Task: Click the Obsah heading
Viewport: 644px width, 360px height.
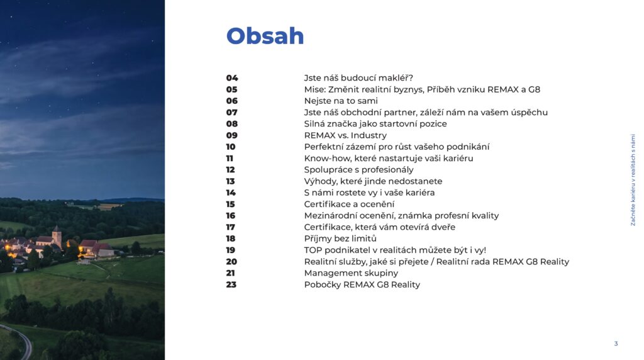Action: (265, 36)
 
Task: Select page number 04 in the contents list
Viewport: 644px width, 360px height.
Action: (232, 77)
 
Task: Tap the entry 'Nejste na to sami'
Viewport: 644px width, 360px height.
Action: (341, 101)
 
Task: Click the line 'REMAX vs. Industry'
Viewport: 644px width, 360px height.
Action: (345, 135)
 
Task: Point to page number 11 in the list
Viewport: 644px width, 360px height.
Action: (230, 158)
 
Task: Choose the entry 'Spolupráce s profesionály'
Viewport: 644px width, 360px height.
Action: (359, 170)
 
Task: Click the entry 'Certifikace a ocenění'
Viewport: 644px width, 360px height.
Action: (349, 205)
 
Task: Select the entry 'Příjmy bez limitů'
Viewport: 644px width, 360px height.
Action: (340, 239)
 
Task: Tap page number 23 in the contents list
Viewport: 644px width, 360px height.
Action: (231, 284)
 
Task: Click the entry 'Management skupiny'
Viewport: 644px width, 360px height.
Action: (351, 273)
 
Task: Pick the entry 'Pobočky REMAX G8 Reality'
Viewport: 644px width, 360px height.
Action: (362, 284)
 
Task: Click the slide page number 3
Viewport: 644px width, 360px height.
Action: (616, 344)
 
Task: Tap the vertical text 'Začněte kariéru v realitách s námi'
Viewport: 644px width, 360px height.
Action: (633, 179)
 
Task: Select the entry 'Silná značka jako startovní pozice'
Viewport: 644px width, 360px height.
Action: (375, 124)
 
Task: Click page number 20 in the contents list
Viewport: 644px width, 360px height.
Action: (231, 261)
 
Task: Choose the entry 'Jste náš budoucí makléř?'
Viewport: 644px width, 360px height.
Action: (358, 77)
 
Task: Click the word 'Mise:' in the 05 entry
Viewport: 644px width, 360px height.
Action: (315, 89)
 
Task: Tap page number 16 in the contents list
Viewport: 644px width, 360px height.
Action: (231, 215)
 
